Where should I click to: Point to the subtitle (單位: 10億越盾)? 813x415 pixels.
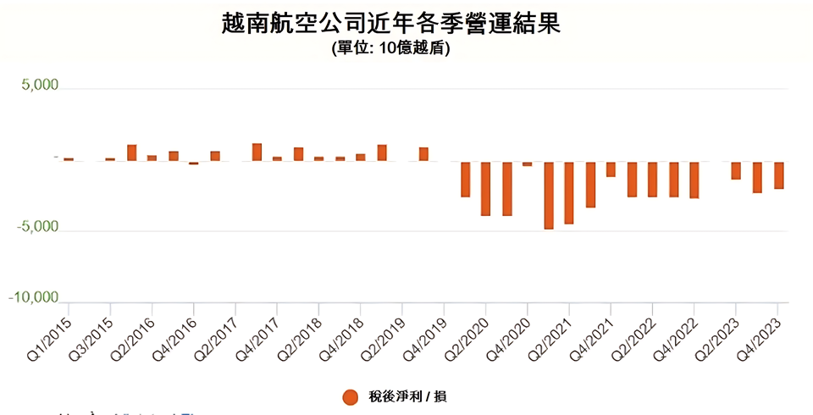tap(390, 49)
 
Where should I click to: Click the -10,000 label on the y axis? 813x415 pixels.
tap(33, 298)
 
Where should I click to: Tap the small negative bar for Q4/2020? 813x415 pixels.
tap(528, 163)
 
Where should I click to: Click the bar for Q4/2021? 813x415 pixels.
tap(611, 169)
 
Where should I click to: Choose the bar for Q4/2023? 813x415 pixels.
tap(777, 175)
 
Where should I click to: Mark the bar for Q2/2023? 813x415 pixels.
tap(736, 170)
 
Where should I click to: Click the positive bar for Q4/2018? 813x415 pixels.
tap(361, 157)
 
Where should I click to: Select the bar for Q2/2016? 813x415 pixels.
tap(152, 158)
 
